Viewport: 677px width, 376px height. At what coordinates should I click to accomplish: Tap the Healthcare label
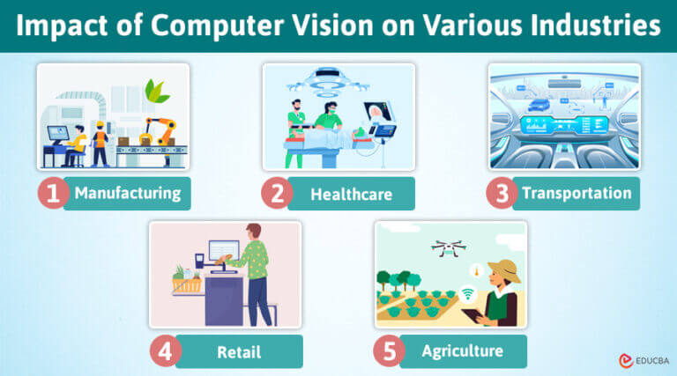(352, 194)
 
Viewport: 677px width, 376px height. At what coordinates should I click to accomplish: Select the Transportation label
(577, 193)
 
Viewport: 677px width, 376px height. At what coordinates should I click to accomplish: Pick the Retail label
(239, 352)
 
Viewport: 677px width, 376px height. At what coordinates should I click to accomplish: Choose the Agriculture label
(463, 351)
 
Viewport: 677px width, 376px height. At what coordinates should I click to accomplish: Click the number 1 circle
(53, 194)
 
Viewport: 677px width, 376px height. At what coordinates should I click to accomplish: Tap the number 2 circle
(278, 194)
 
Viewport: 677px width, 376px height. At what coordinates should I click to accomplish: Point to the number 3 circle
(502, 194)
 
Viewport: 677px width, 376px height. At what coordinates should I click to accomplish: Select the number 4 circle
(165, 352)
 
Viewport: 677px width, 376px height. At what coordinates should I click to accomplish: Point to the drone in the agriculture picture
(449, 248)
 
